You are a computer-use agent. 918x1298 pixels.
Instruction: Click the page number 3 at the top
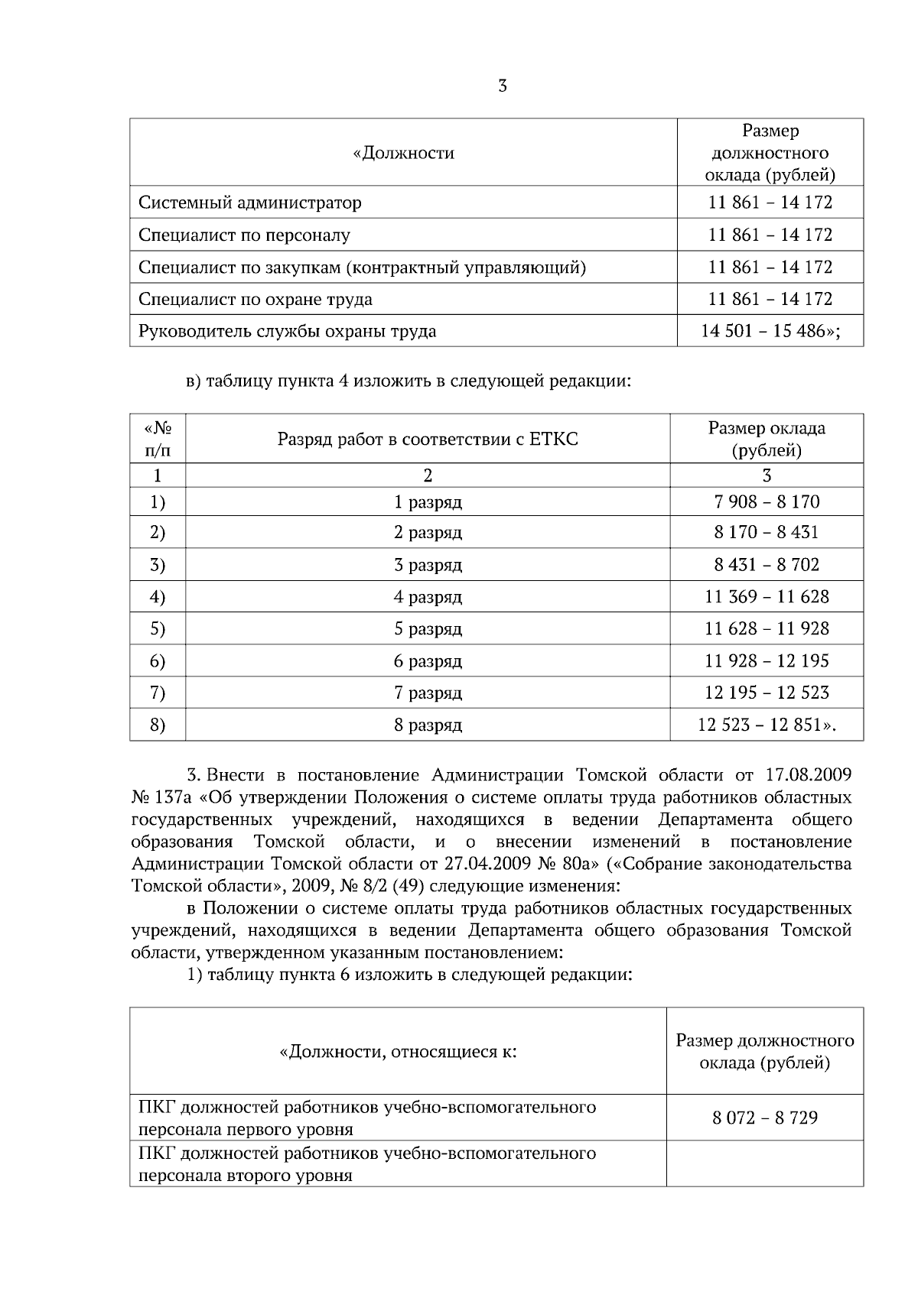[x=503, y=86]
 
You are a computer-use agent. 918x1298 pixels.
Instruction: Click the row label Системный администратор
[x=250, y=203]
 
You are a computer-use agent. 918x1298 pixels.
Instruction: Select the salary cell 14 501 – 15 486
[x=770, y=331]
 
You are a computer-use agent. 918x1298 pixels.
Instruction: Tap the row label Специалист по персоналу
[x=244, y=235]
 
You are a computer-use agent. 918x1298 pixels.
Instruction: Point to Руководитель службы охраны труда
[x=287, y=331]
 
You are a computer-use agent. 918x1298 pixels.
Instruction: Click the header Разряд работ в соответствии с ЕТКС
[x=427, y=439]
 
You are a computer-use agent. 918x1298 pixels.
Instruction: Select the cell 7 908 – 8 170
[x=767, y=501]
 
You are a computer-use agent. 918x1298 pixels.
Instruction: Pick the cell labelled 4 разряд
[x=428, y=596]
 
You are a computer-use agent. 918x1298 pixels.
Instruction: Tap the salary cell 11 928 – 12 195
[x=767, y=660]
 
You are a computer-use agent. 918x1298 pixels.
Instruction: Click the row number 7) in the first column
[x=158, y=693]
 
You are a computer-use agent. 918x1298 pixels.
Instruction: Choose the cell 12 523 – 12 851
[x=767, y=725]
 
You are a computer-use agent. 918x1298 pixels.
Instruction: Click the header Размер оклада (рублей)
[x=767, y=439]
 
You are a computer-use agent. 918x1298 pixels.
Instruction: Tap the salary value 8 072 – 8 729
[x=765, y=1118]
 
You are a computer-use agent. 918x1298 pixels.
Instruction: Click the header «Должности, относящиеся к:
[x=398, y=1052]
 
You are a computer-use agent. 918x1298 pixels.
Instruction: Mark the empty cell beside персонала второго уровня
[x=765, y=1163]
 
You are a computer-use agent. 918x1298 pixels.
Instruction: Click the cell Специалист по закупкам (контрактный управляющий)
[x=362, y=267]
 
